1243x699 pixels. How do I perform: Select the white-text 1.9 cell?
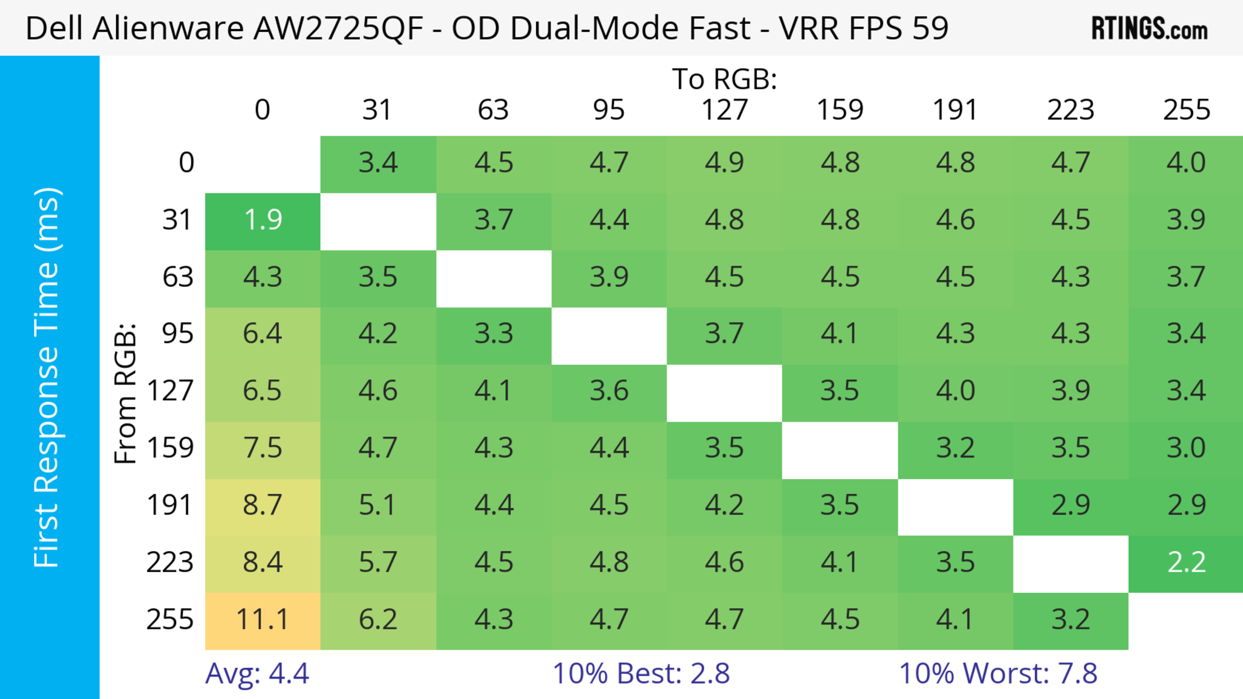click(x=263, y=220)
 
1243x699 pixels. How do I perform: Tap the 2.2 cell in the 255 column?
click(x=1186, y=562)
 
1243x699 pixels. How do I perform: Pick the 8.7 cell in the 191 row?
click(x=263, y=506)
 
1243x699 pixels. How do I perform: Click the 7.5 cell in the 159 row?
click(x=263, y=448)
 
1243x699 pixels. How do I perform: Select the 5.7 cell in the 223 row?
click(x=378, y=562)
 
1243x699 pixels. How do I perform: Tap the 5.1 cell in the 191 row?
click(x=378, y=506)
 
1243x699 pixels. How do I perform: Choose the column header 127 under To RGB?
click(x=724, y=110)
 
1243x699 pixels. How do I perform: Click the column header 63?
click(x=493, y=110)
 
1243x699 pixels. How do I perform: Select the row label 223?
click(x=170, y=562)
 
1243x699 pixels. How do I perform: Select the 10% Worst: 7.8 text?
click(x=998, y=673)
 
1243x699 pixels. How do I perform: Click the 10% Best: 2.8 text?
click(x=641, y=673)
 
